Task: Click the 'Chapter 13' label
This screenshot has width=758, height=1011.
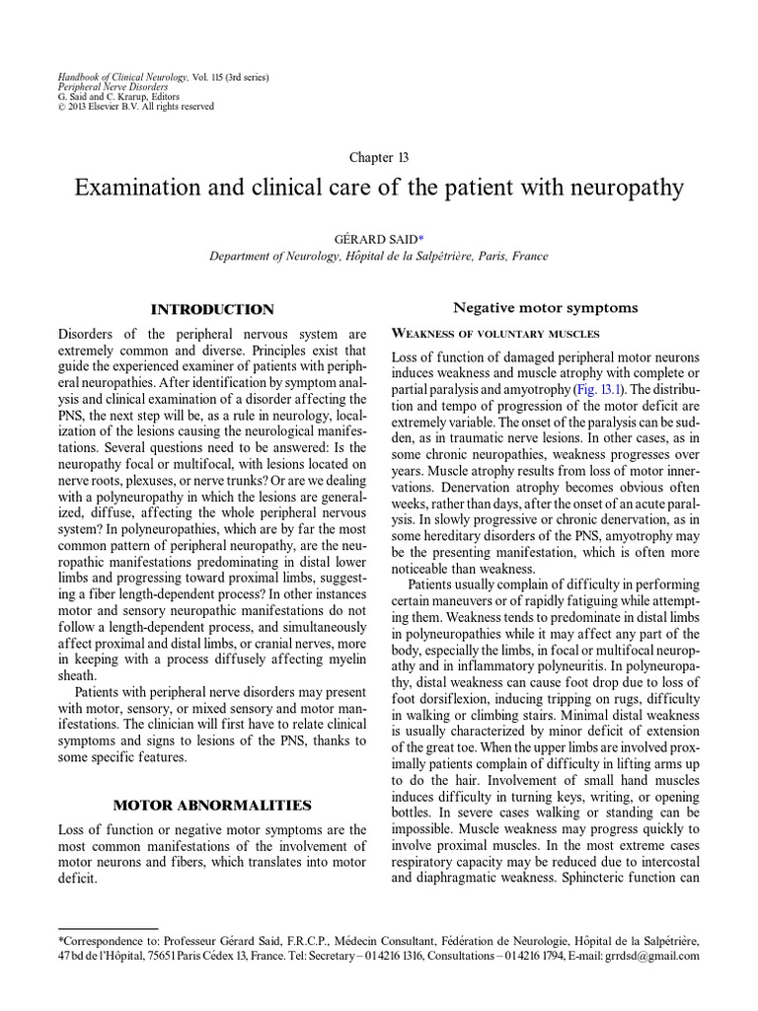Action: pos(379,157)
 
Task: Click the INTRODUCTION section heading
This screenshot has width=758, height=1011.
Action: pos(212,309)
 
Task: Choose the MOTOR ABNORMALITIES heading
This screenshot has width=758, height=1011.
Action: pos(212,805)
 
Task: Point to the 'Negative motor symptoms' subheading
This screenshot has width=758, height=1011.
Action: pos(546,307)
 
